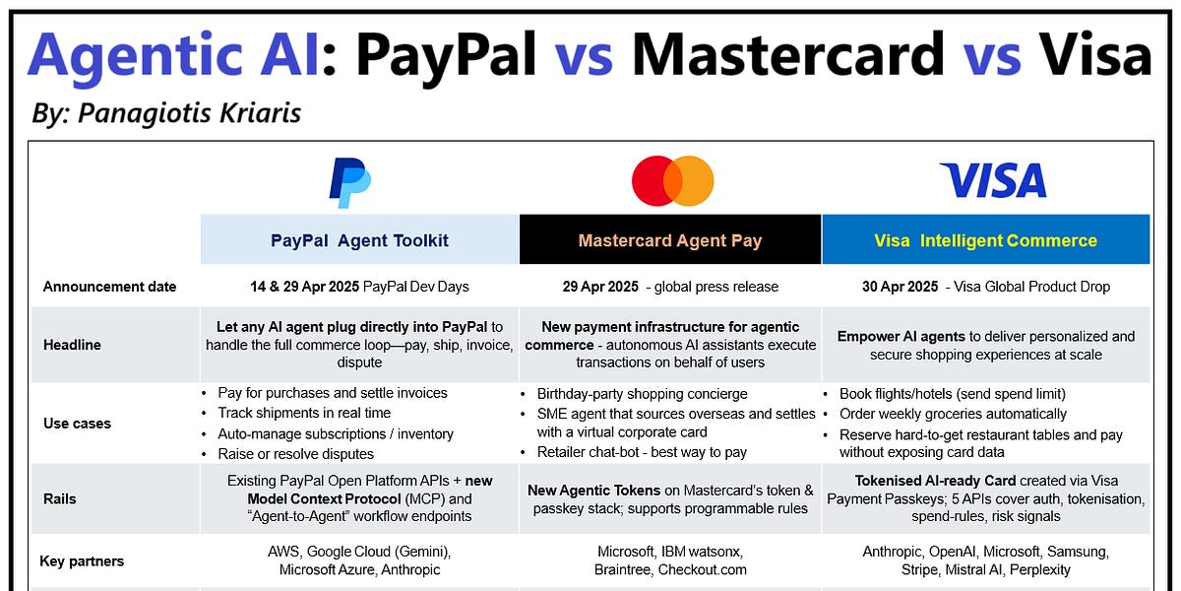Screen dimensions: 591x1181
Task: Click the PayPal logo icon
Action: tap(349, 182)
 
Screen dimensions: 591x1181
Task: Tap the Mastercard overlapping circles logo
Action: tap(672, 181)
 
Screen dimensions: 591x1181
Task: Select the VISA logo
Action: tap(992, 181)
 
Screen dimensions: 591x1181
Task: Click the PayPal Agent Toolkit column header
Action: tap(359, 240)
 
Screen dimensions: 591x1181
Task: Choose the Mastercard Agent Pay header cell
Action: tap(670, 240)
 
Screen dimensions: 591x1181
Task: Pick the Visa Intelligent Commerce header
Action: tap(985, 240)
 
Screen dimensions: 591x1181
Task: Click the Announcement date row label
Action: tap(109, 287)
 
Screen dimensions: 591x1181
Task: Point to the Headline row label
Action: tap(72, 345)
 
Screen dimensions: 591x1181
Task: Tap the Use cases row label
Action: tap(77, 424)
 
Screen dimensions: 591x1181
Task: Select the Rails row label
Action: tap(61, 498)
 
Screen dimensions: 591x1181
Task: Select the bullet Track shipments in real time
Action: tap(304, 413)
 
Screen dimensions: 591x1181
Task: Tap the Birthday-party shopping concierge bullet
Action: tap(642, 394)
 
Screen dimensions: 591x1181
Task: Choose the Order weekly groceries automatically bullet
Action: tap(953, 414)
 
